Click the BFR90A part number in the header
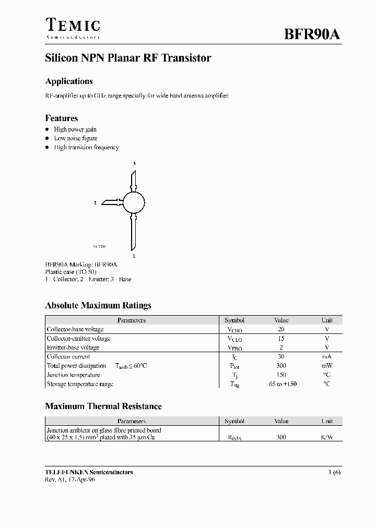[x=312, y=35]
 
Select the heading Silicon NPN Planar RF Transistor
[x=128, y=58]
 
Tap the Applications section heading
[x=69, y=81]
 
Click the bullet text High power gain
[x=75, y=129]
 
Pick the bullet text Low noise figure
[x=76, y=138]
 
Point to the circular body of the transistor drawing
[x=134, y=202]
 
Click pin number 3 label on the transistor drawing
[x=134, y=164]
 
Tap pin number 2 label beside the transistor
[x=95, y=202]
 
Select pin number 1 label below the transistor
[x=134, y=256]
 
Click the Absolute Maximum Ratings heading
[x=98, y=306]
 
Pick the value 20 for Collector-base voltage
[x=281, y=330]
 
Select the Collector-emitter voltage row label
[x=79, y=339]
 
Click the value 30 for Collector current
[x=281, y=357]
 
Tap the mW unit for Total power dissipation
[x=327, y=366]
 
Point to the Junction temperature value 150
[x=281, y=375]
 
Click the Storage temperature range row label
[x=80, y=384]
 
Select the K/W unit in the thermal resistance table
[x=327, y=437]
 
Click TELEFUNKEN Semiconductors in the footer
[x=89, y=472]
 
